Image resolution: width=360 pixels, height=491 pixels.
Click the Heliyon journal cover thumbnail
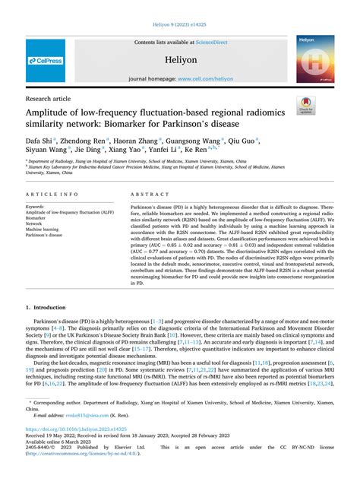(x=315, y=59)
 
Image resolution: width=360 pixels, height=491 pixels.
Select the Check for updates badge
(x=306, y=105)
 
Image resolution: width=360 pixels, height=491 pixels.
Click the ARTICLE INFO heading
(x=51, y=195)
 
